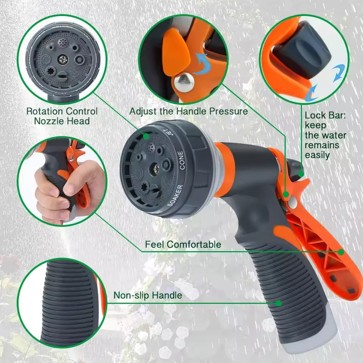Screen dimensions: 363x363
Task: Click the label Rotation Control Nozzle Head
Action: pyautogui.click(x=62, y=116)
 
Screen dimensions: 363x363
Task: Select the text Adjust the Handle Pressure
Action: pyautogui.click(x=188, y=111)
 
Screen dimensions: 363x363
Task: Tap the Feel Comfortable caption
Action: pyautogui.click(x=183, y=244)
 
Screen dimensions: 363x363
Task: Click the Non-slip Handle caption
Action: pyautogui.click(x=148, y=295)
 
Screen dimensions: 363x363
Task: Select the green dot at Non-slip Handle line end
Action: pyautogui.click(x=279, y=303)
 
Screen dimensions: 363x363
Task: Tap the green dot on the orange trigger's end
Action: pyautogui.click(x=341, y=251)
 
